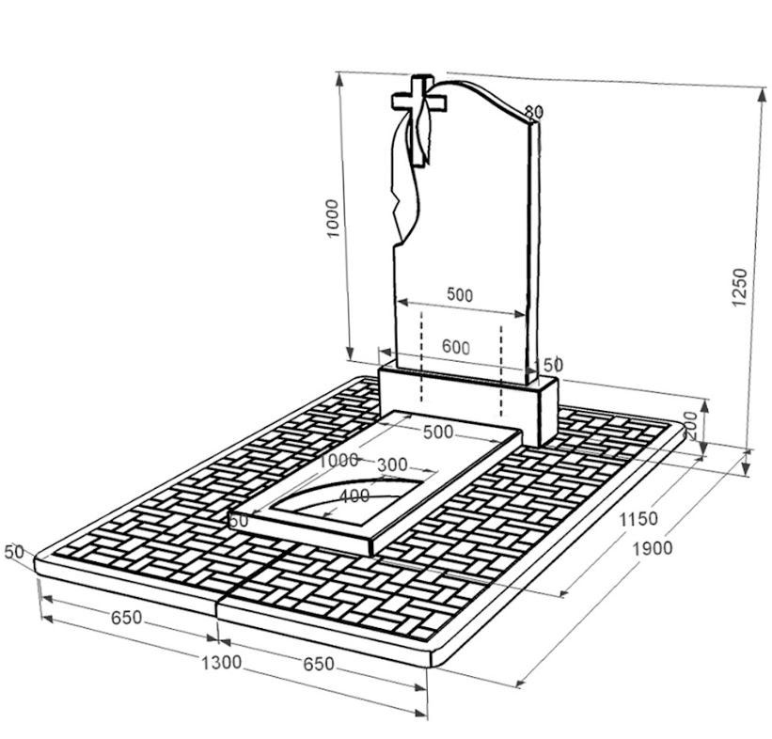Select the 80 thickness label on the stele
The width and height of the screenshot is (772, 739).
533,112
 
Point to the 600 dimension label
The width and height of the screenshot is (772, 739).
455,347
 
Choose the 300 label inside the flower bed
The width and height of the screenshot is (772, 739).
392,464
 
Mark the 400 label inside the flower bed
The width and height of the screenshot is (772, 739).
354,496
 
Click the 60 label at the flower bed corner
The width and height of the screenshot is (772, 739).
238,519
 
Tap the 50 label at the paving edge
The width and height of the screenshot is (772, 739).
13,552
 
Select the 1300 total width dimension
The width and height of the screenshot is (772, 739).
221,663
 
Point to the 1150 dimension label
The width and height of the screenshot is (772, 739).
638,518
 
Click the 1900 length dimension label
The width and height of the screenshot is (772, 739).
653,548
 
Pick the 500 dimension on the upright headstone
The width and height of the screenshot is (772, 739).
460,294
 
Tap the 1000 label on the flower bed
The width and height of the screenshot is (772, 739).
339,460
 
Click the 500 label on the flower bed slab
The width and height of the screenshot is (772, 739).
437,432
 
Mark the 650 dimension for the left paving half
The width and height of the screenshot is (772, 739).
126,619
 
